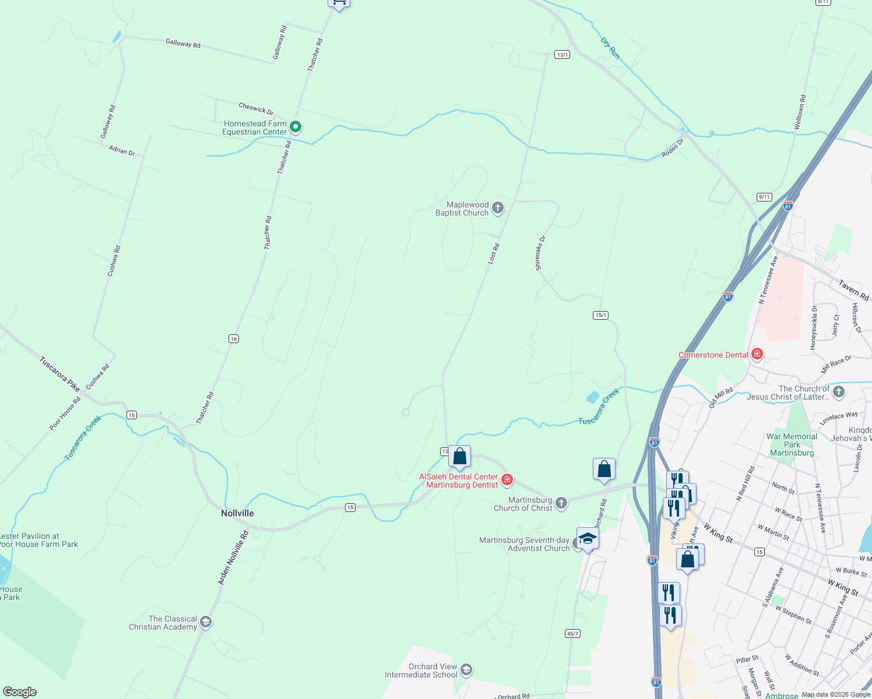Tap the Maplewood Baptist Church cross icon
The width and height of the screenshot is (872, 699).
coord(497,208)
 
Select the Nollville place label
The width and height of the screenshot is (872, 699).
coord(237,513)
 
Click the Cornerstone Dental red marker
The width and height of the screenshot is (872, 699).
coord(757,354)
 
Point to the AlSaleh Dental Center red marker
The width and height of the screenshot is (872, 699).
coord(507,480)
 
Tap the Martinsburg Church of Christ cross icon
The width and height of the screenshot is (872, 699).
coord(561,503)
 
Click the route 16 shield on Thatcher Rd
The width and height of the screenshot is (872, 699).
coord(234,339)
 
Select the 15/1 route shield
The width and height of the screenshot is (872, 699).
coord(600,315)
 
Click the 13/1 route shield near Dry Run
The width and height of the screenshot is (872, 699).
coord(562,55)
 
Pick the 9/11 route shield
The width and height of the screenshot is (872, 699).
coord(764,197)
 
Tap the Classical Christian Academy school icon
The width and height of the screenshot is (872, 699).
coord(205,623)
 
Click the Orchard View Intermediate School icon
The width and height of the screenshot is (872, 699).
coord(466,670)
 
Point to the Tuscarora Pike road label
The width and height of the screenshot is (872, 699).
coord(59,373)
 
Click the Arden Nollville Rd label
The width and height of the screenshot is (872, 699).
coord(233,557)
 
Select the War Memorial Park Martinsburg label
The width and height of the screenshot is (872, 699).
coord(792,444)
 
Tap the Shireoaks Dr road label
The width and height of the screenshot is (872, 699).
coord(540,253)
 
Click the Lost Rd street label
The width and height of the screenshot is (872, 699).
coord(493,255)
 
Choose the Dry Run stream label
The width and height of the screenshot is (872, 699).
coord(610,48)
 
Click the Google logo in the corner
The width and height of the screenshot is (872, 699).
coord(19,692)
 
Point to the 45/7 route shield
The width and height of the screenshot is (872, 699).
coord(572,633)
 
